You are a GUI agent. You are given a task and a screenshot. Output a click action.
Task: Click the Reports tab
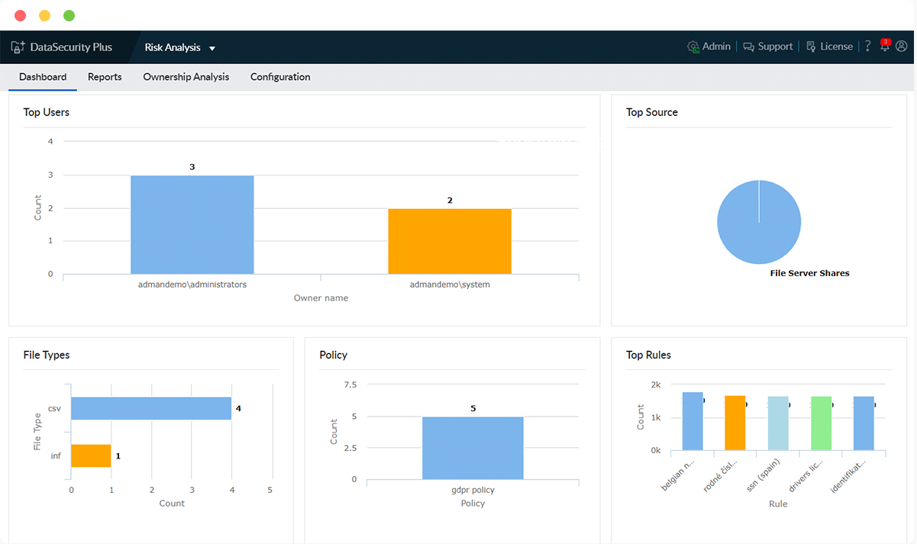tap(105, 77)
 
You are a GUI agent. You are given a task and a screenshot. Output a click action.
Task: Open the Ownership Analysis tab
tap(186, 77)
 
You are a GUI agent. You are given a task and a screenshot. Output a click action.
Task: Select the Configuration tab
tap(280, 77)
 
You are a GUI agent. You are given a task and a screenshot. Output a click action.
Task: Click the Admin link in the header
tap(709, 47)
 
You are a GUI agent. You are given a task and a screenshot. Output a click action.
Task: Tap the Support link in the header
tap(768, 47)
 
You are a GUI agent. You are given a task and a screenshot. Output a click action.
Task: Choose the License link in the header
tap(829, 47)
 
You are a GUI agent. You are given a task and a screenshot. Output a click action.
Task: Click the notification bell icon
tap(885, 47)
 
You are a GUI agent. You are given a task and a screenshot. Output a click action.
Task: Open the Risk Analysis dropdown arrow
tap(212, 48)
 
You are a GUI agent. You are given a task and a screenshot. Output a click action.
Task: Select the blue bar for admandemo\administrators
tap(192, 225)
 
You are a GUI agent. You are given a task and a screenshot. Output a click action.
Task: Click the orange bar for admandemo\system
tap(449, 241)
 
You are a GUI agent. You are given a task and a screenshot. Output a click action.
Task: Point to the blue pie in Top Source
tap(759, 222)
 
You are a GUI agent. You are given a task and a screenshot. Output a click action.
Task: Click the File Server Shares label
tap(809, 273)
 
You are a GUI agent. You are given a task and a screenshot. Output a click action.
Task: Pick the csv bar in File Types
tap(151, 408)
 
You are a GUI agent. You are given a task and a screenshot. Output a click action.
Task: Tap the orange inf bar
tap(91, 455)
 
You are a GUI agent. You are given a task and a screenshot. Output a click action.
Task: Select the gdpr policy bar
tap(473, 448)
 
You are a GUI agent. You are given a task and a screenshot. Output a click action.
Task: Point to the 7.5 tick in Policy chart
tap(350, 385)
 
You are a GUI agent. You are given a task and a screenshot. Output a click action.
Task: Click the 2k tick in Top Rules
tap(655, 384)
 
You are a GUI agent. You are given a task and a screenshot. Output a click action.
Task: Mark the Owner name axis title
tap(321, 298)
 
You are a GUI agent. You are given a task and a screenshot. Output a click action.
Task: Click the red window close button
tap(20, 15)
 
